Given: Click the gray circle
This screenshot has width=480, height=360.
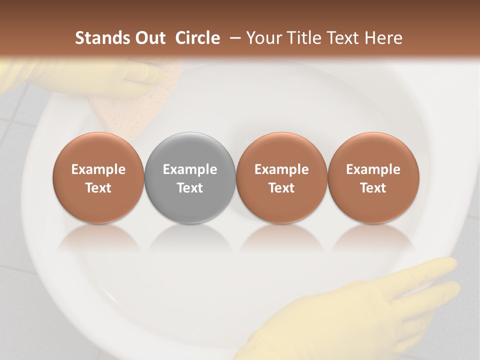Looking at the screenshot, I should (190, 178).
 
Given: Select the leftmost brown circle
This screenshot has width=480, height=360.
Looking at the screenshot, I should (98, 178).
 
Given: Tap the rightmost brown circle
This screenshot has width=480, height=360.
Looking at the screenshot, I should (373, 178).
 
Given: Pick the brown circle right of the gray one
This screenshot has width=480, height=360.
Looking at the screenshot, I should (281, 178).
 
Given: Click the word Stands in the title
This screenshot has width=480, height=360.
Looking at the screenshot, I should (101, 38).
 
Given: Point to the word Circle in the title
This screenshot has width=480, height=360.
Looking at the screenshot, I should (197, 38).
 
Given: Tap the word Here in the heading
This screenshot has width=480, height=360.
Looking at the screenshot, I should (383, 38).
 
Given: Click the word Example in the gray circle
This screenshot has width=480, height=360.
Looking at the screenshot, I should (190, 169).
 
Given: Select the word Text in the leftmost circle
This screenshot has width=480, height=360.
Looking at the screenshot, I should (98, 188).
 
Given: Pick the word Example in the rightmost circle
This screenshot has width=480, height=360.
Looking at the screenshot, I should (373, 169).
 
